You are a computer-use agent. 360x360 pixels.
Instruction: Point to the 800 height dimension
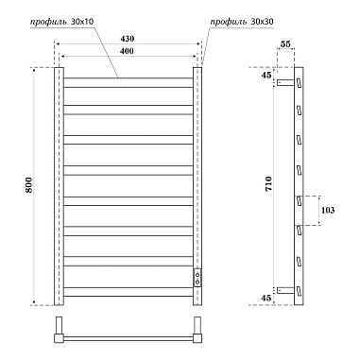pyautogui.click(x=26, y=187)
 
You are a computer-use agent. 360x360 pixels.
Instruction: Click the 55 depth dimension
pyautogui.click(x=286, y=44)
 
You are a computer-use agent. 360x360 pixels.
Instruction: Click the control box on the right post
pyautogui.click(x=197, y=277)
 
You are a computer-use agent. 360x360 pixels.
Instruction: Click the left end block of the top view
pyautogui.click(x=60, y=333)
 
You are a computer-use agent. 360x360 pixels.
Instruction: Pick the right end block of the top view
pyautogui.click(x=199, y=333)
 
